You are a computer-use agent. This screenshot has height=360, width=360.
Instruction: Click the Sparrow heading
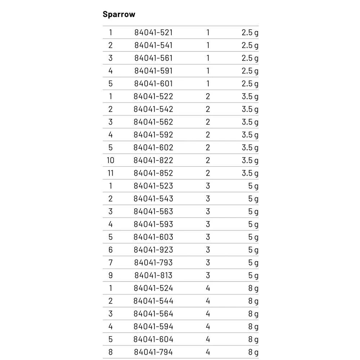[x=119, y=14]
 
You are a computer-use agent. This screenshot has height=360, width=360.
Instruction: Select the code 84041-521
[x=153, y=32]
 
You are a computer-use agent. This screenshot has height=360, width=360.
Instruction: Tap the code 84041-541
[x=153, y=45]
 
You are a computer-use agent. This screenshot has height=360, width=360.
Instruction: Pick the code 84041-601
[x=153, y=84]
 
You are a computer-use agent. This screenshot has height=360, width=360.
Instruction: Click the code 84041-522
[x=153, y=96]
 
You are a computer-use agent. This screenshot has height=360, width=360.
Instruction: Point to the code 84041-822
[x=153, y=160]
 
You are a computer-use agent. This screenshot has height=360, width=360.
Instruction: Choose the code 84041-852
[x=153, y=173]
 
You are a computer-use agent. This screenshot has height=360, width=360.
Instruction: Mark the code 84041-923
[x=153, y=250]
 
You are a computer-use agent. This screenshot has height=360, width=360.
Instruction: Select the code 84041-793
[x=153, y=263]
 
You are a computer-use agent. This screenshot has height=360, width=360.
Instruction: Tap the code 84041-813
[x=153, y=275]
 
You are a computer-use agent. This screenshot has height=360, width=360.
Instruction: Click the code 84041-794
[x=153, y=352]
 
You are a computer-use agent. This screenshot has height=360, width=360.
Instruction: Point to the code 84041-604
[x=153, y=339]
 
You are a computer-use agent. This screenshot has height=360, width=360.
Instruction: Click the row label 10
[x=111, y=160]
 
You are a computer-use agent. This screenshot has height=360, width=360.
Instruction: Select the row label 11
[x=111, y=173]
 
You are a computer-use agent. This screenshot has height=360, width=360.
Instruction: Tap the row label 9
[x=111, y=275]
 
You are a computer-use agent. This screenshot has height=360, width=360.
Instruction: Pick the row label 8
[x=111, y=352]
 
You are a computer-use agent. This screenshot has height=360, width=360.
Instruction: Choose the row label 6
[x=111, y=250]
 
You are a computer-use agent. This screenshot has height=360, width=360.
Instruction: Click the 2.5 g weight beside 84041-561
[x=250, y=58]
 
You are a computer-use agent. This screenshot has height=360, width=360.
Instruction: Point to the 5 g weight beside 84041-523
[x=253, y=186]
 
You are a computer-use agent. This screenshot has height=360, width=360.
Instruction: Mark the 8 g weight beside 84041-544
[x=253, y=301]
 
